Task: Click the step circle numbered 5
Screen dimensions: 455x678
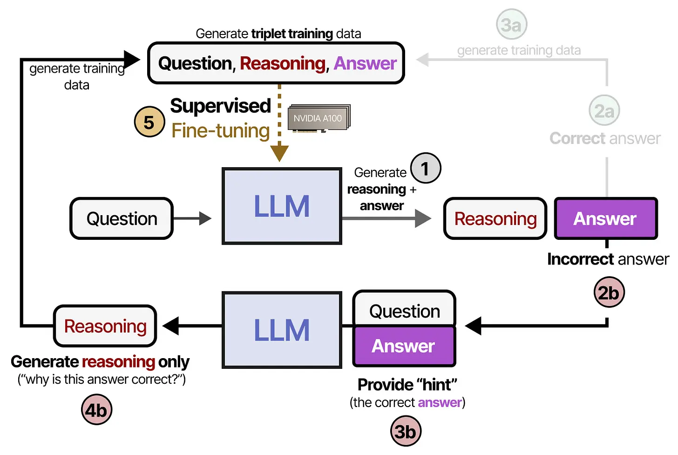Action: click(x=149, y=122)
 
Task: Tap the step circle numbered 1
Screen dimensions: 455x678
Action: click(x=425, y=168)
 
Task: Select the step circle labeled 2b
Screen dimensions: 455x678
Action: click(x=609, y=292)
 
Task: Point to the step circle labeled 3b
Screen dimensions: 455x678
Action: click(x=405, y=431)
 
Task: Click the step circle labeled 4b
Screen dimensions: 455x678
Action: click(x=96, y=410)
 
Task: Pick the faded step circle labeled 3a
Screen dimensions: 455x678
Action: click(x=511, y=24)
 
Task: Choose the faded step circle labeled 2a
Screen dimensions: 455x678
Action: click(x=604, y=111)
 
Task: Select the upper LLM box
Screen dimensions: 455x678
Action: click(x=282, y=206)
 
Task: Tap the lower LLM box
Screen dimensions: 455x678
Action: click(x=282, y=330)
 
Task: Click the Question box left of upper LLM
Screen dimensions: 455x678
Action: click(x=122, y=218)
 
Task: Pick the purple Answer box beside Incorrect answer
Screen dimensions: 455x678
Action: click(x=605, y=218)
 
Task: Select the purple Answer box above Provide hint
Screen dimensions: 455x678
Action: click(x=404, y=346)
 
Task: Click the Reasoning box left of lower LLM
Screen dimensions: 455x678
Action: click(x=105, y=326)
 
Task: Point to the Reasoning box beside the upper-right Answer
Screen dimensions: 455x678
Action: click(x=495, y=218)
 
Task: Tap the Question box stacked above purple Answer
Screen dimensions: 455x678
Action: click(x=404, y=310)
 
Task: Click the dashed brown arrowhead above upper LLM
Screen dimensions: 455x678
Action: click(x=279, y=153)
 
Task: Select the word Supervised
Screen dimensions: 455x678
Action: click(x=220, y=106)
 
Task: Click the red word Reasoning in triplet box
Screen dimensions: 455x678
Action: click(x=283, y=63)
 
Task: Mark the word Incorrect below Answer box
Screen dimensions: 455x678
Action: click(x=581, y=259)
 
